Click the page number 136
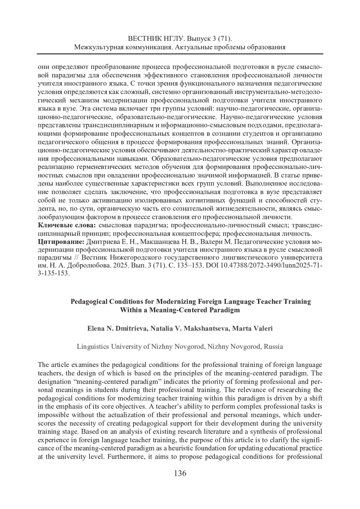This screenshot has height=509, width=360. tap(180, 474)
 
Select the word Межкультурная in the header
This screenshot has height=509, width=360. tap(98, 47)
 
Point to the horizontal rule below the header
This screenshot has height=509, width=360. tap(180, 54)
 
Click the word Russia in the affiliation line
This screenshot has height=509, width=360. tap(274, 347)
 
